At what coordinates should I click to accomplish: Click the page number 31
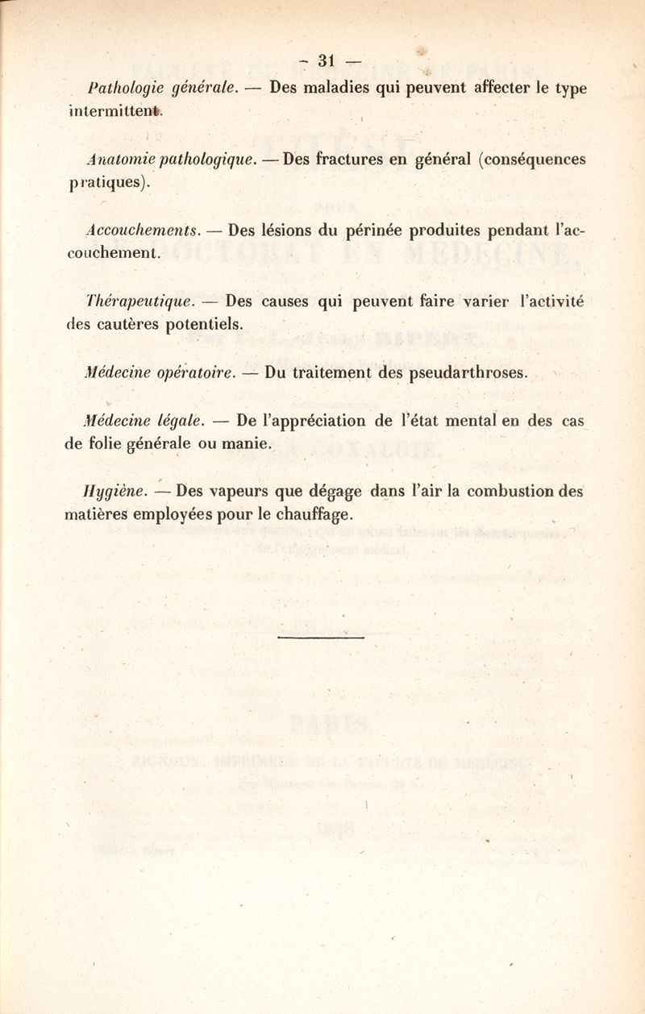pyautogui.click(x=326, y=60)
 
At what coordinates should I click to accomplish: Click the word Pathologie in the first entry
pyautogui.click(x=122, y=86)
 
